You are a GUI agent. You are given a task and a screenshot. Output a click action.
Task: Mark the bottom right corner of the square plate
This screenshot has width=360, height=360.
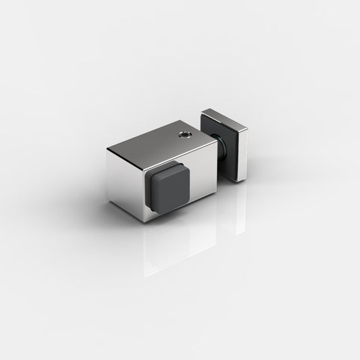[x=238, y=182]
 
